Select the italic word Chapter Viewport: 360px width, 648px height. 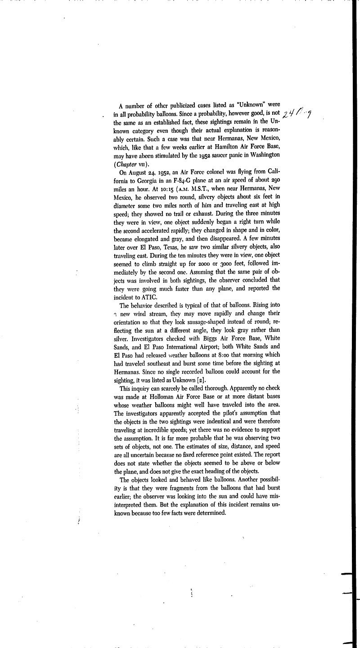pos(127,163)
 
